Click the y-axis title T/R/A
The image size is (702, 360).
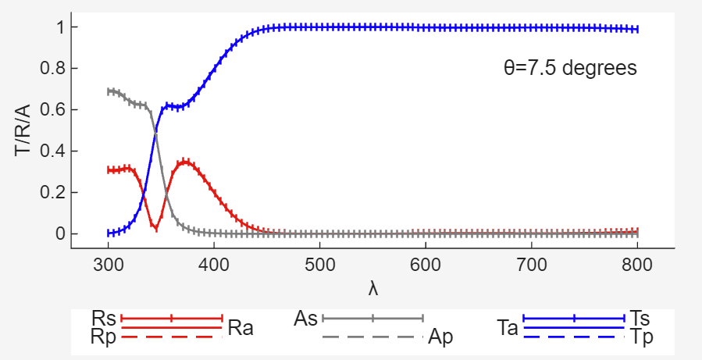pyautogui.click(x=23, y=130)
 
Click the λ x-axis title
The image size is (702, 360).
pyautogui.click(x=373, y=289)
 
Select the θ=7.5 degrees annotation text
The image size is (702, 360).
pyautogui.click(x=570, y=68)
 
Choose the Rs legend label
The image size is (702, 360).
pyautogui.click(x=104, y=319)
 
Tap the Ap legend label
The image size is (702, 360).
pyautogui.click(x=440, y=337)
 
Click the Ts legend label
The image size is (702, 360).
pyautogui.click(x=640, y=319)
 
